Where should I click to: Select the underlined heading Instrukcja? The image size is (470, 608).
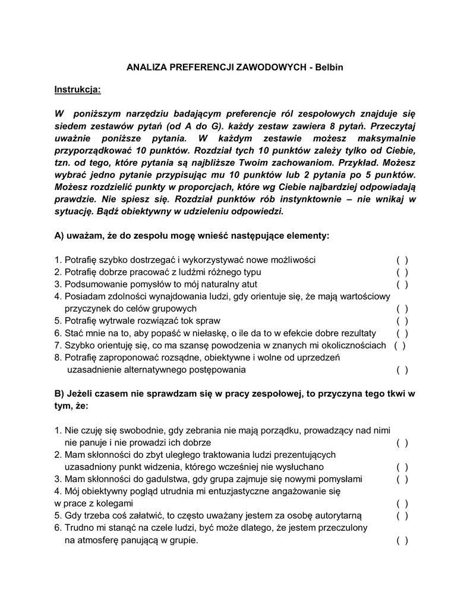pyautogui.click(x=78, y=90)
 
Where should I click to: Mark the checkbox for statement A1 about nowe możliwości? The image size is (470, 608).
pyautogui.click(x=402, y=260)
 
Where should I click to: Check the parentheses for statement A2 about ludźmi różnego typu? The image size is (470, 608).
pyautogui.click(x=402, y=273)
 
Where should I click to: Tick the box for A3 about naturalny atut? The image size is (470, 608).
pyautogui.click(x=402, y=284)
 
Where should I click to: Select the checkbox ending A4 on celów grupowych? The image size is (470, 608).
pyautogui.click(x=402, y=309)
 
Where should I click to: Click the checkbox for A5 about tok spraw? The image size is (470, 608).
pyautogui.click(x=402, y=321)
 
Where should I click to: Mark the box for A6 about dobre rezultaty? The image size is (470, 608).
pyautogui.click(x=402, y=333)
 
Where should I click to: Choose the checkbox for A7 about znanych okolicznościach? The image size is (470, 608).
pyautogui.click(x=400, y=346)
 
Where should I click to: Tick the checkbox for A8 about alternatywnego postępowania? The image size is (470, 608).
pyautogui.click(x=402, y=370)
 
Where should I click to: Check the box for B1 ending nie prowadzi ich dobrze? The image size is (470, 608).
pyautogui.click(x=402, y=443)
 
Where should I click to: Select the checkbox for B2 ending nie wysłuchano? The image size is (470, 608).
pyautogui.click(x=402, y=467)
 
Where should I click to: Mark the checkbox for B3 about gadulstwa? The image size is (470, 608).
pyautogui.click(x=402, y=479)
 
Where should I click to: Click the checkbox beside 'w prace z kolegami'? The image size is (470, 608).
pyautogui.click(x=402, y=503)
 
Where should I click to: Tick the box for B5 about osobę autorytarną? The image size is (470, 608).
pyautogui.click(x=402, y=516)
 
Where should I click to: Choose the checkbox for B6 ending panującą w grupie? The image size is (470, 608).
pyautogui.click(x=402, y=540)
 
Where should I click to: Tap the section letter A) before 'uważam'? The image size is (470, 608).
pyautogui.click(x=59, y=236)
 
